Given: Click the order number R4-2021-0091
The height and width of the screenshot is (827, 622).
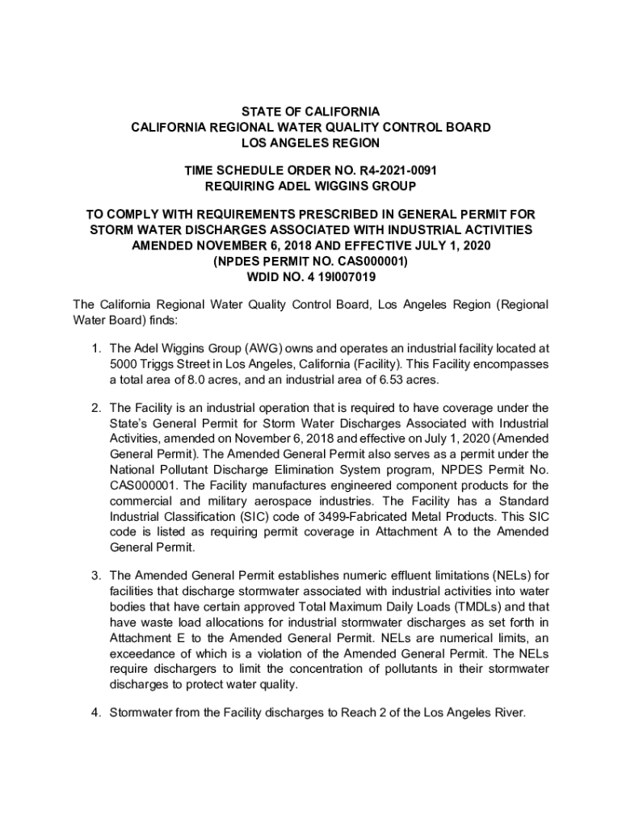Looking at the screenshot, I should coord(391,171).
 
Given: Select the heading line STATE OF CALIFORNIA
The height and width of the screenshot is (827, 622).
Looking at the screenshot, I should coord(311,111).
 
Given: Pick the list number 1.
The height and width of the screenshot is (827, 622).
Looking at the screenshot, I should coord(94,349).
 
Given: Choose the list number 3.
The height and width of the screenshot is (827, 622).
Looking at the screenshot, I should coord(94,576).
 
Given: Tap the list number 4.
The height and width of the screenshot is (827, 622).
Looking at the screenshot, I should coord(94,713).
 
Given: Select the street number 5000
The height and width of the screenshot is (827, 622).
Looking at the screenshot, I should coord(124,364).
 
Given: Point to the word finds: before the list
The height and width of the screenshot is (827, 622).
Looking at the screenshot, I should coord(149,320).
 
